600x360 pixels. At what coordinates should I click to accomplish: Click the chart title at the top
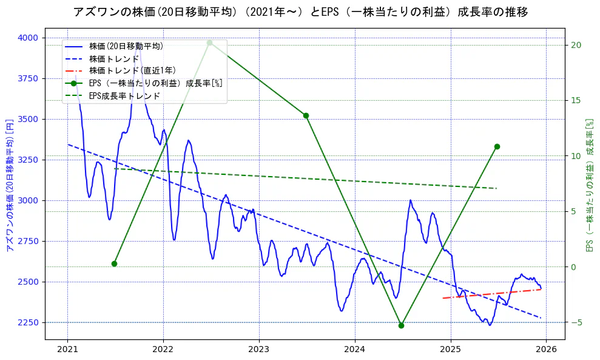[300, 12]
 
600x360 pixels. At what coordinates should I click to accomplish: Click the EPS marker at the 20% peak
[209, 42]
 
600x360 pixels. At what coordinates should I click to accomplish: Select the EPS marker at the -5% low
[401, 325]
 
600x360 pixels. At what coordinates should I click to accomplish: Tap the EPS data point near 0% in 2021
[114, 263]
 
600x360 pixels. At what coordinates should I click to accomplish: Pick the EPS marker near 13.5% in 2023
[306, 115]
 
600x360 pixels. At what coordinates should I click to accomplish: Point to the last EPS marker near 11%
[497, 146]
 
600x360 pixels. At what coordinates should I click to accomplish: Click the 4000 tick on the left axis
[28, 38]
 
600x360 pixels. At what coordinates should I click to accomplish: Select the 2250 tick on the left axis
[28, 322]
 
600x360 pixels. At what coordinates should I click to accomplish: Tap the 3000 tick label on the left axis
[28, 200]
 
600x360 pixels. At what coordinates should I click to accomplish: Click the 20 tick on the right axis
[576, 45]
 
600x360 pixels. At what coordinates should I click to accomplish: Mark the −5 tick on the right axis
[576, 322]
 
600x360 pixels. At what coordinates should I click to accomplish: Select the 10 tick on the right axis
[576, 156]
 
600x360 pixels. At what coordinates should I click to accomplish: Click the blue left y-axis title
[9, 185]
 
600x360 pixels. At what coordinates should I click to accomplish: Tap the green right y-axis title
[589, 185]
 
